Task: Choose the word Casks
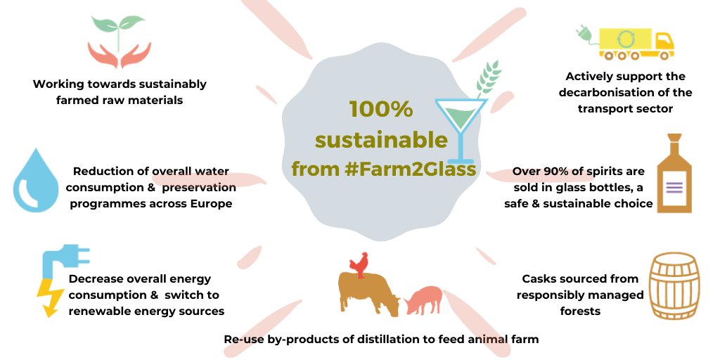coord(540,279)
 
